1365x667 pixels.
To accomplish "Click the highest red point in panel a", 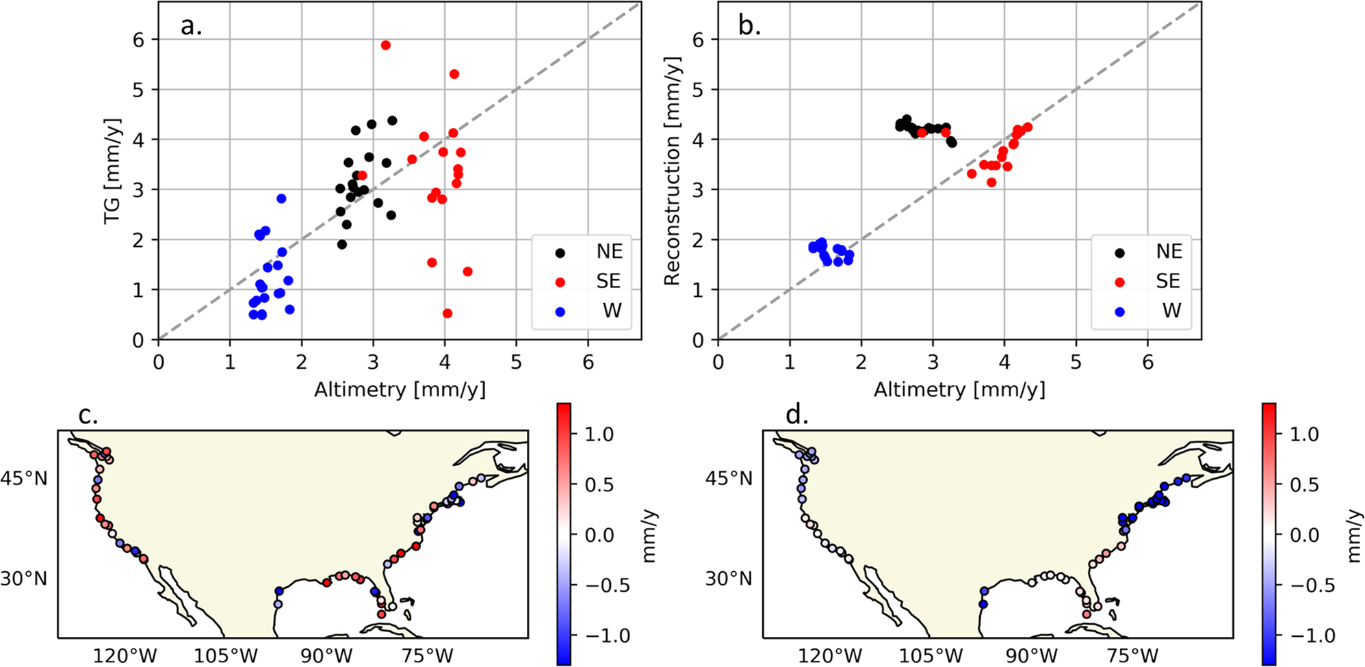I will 386,45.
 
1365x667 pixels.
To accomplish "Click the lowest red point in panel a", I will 447,313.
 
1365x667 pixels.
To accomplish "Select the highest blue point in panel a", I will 281,198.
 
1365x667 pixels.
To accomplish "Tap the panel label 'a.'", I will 191,26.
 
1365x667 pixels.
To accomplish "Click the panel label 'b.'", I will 750,26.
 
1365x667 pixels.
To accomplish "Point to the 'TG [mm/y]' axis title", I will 112,171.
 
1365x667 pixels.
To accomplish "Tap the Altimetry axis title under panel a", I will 400,390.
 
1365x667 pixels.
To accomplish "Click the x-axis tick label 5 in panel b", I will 1076,362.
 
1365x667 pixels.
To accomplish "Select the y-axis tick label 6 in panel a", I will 140,40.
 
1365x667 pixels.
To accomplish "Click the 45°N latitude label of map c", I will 25,478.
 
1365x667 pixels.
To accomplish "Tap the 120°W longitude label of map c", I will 126,656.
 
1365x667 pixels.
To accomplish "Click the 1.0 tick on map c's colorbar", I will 599,434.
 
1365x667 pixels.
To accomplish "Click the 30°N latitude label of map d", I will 729,579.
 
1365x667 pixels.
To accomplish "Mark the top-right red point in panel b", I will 1027,127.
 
